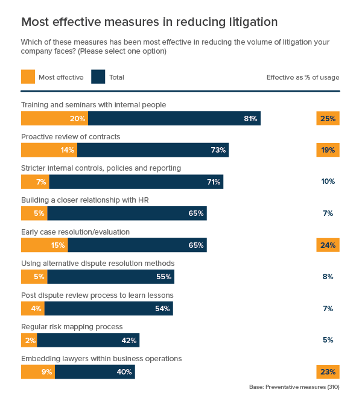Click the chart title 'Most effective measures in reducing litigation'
point(149,22)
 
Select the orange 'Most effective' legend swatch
point(28,77)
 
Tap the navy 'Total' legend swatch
point(98,77)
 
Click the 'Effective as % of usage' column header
point(302,77)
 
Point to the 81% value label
point(250,119)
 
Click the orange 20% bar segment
point(54,119)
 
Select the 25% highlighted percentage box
point(328,119)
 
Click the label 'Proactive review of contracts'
point(71,136)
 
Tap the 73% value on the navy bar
point(218,150)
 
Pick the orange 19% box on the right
point(328,150)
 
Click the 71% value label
point(214,182)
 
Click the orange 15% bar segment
point(45,245)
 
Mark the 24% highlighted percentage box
point(328,245)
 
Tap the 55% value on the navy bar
point(164,277)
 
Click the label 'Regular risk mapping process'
point(72,326)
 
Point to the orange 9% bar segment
point(38,371)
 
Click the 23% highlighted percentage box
point(328,371)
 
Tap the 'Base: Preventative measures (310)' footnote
point(294,387)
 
